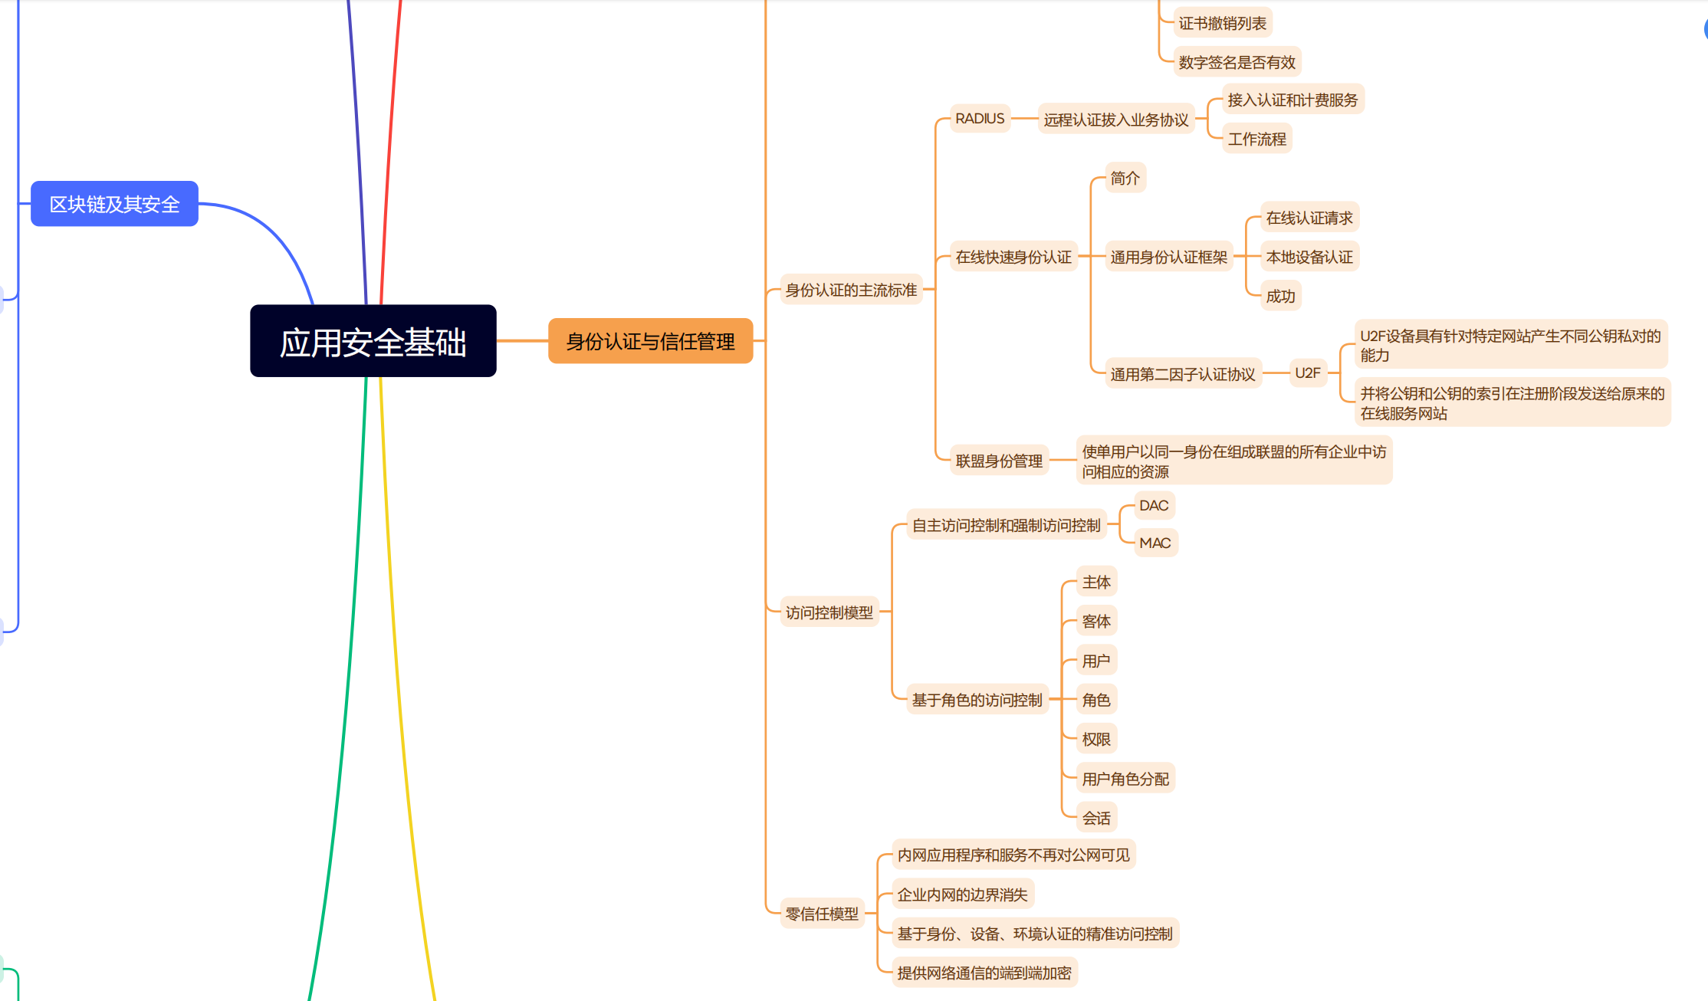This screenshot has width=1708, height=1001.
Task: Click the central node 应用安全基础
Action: pyautogui.click(x=373, y=341)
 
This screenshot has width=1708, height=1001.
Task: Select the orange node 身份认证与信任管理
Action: pyautogui.click(x=650, y=341)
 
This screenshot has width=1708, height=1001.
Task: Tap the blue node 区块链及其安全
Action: pyautogui.click(x=114, y=204)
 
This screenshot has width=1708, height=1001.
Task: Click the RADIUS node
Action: pyautogui.click(x=980, y=119)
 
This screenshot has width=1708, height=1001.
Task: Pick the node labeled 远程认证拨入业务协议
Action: pyautogui.click(x=1115, y=120)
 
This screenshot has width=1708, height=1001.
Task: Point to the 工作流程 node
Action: pyautogui.click(x=1256, y=139)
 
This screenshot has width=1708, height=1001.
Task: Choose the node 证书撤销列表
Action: pyautogui.click(x=1222, y=23)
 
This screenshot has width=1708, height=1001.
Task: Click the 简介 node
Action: pyautogui.click(x=1125, y=178)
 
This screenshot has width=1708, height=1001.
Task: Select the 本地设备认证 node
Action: pyautogui.click(x=1309, y=257)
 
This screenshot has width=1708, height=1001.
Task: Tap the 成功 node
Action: pyautogui.click(x=1280, y=296)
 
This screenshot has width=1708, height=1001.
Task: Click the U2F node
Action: pyautogui.click(x=1307, y=373)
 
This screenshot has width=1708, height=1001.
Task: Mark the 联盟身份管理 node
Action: pyautogui.click(x=999, y=461)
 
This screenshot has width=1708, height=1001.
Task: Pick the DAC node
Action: pyautogui.click(x=1154, y=506)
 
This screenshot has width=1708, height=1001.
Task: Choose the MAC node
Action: pyautogui.click(x=1155, y=543)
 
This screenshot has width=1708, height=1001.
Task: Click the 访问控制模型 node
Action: pyautogui.click(x=829, y=612)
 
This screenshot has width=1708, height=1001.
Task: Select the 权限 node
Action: pyautogui.click(x=1096, y=739)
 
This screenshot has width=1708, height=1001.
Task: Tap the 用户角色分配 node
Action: pyautogui.click(x=1125, y=779)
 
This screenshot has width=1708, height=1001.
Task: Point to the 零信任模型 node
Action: pyautogui.click(x=822, y=914)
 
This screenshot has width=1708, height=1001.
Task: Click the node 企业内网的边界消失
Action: pyautogui.click(x=962, y=894)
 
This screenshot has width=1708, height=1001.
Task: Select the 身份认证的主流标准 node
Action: pyautogui.click(x=851, y=290)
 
